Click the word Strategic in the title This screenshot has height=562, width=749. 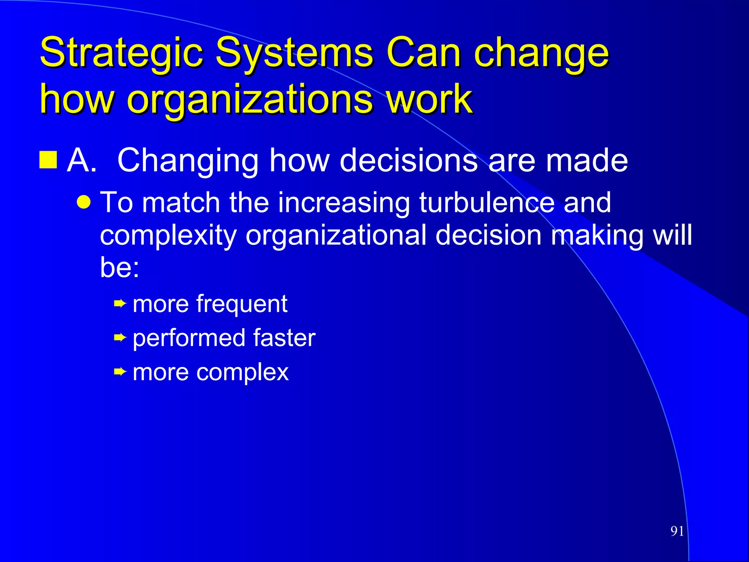pos(121,53)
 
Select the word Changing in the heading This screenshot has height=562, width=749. pos(188,161)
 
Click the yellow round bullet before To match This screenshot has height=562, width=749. pos(84,202)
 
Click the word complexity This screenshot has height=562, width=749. pos(168,236)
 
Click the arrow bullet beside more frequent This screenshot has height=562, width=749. pos(120,303)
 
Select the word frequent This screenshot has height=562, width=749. pos(242,304)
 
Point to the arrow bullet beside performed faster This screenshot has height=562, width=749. pos(120,338)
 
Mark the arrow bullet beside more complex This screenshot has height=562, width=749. pos(120,372)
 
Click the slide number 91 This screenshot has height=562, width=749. pos(677,531)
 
